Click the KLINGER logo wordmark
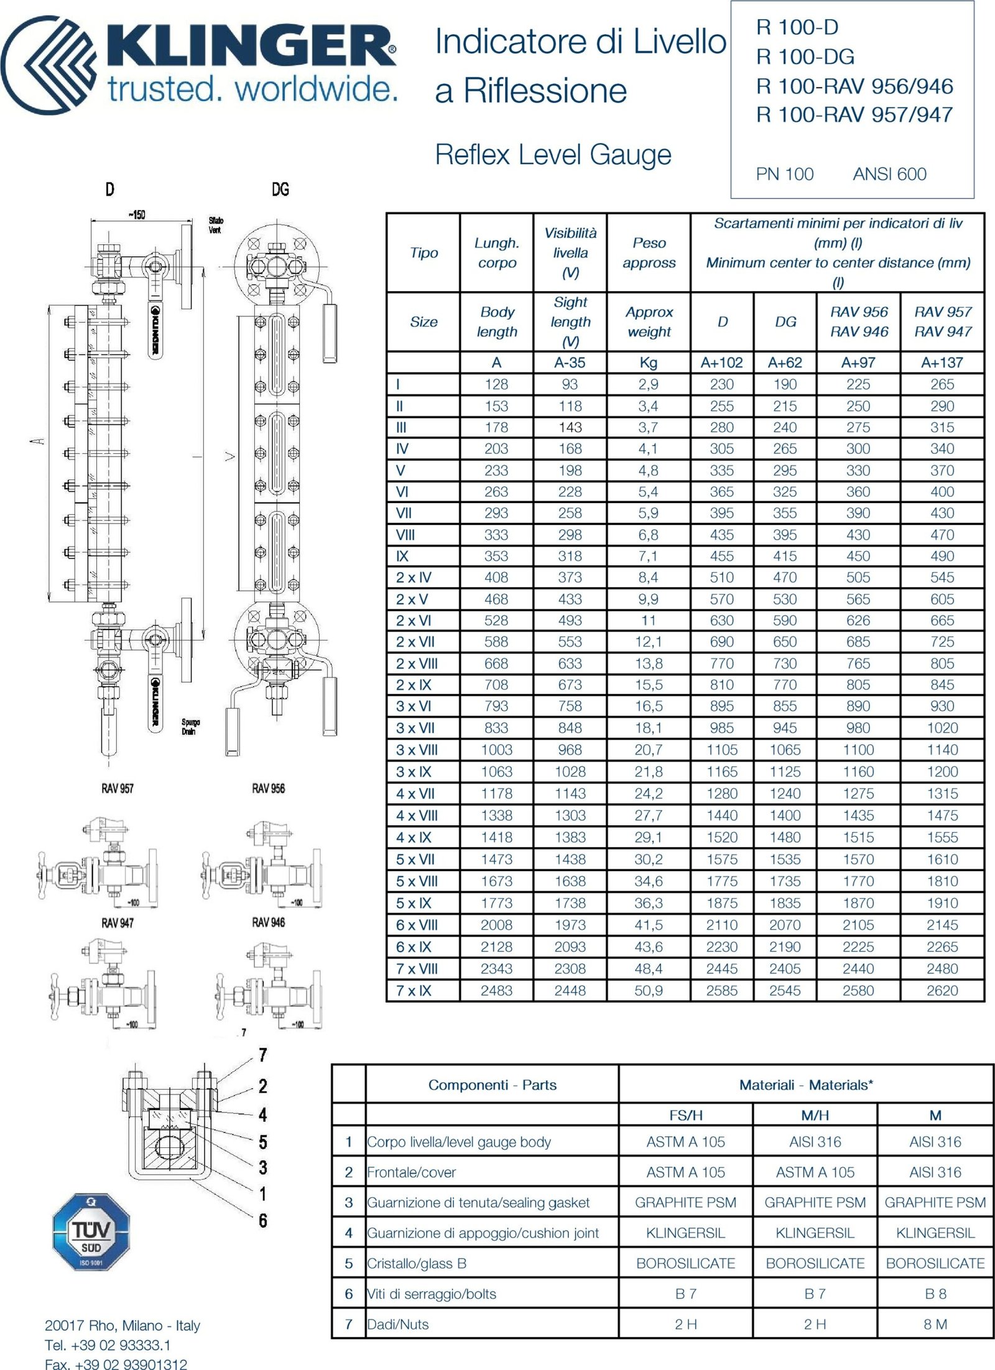(x=249, y=49)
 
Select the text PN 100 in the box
(x=784, y=174)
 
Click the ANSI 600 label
(x=889, y=174)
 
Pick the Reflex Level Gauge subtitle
(x=553, y=155)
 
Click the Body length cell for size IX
(x=496, y=556)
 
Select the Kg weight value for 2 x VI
(x=648, y=621)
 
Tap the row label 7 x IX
(x=414, y=991)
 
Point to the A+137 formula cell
(x=942, y=363)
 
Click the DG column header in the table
(x=785, y=322)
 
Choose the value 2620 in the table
(x=942, y=991)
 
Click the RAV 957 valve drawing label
(x=118, y=789)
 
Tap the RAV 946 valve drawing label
(x=268, y=922)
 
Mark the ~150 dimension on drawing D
(x=137, y=215)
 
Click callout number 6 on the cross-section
(x=263, y=1221)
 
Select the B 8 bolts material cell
(x=935, y=1294)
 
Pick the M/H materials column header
(x=815, y=1116)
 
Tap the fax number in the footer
(x=116, y=1364)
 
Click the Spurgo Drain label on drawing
(x=190, y=727)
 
